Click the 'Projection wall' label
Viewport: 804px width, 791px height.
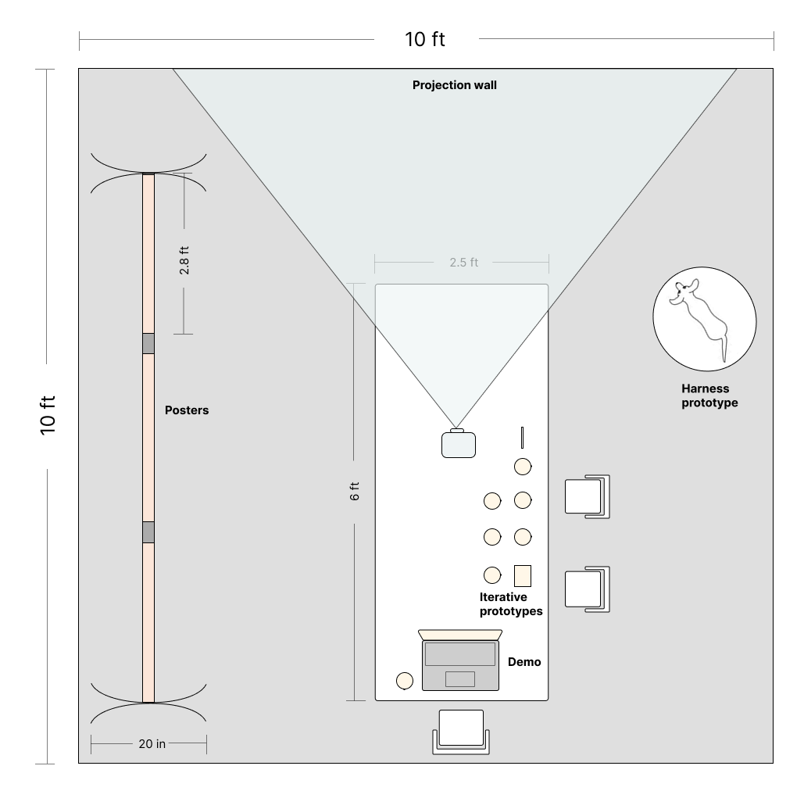(454, 85)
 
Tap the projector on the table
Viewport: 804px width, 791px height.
(459, 444)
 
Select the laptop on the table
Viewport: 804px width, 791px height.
(460, 660)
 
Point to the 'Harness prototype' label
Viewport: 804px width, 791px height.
(709, 395)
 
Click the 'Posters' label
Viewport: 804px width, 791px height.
(187, 410)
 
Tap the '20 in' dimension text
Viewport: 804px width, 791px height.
(152, 744)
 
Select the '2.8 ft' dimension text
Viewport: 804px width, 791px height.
(184, 260)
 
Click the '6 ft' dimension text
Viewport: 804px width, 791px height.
(354, 492)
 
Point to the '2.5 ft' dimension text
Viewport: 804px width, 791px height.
(464, 263)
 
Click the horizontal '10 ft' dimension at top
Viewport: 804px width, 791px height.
(425, 39)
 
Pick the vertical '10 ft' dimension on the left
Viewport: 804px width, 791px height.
(47, 416)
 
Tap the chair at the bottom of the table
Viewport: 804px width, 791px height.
(461, 732)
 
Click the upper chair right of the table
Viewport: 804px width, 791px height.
(587, 496)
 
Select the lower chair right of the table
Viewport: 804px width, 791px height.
(587, 589)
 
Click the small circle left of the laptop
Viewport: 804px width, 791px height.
(405, 681)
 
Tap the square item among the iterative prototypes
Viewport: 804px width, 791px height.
(523, 575)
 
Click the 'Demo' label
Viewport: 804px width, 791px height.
(524, 662)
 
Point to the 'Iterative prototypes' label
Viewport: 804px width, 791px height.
(511, 604)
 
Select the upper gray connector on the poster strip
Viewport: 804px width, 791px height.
(148, 344)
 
